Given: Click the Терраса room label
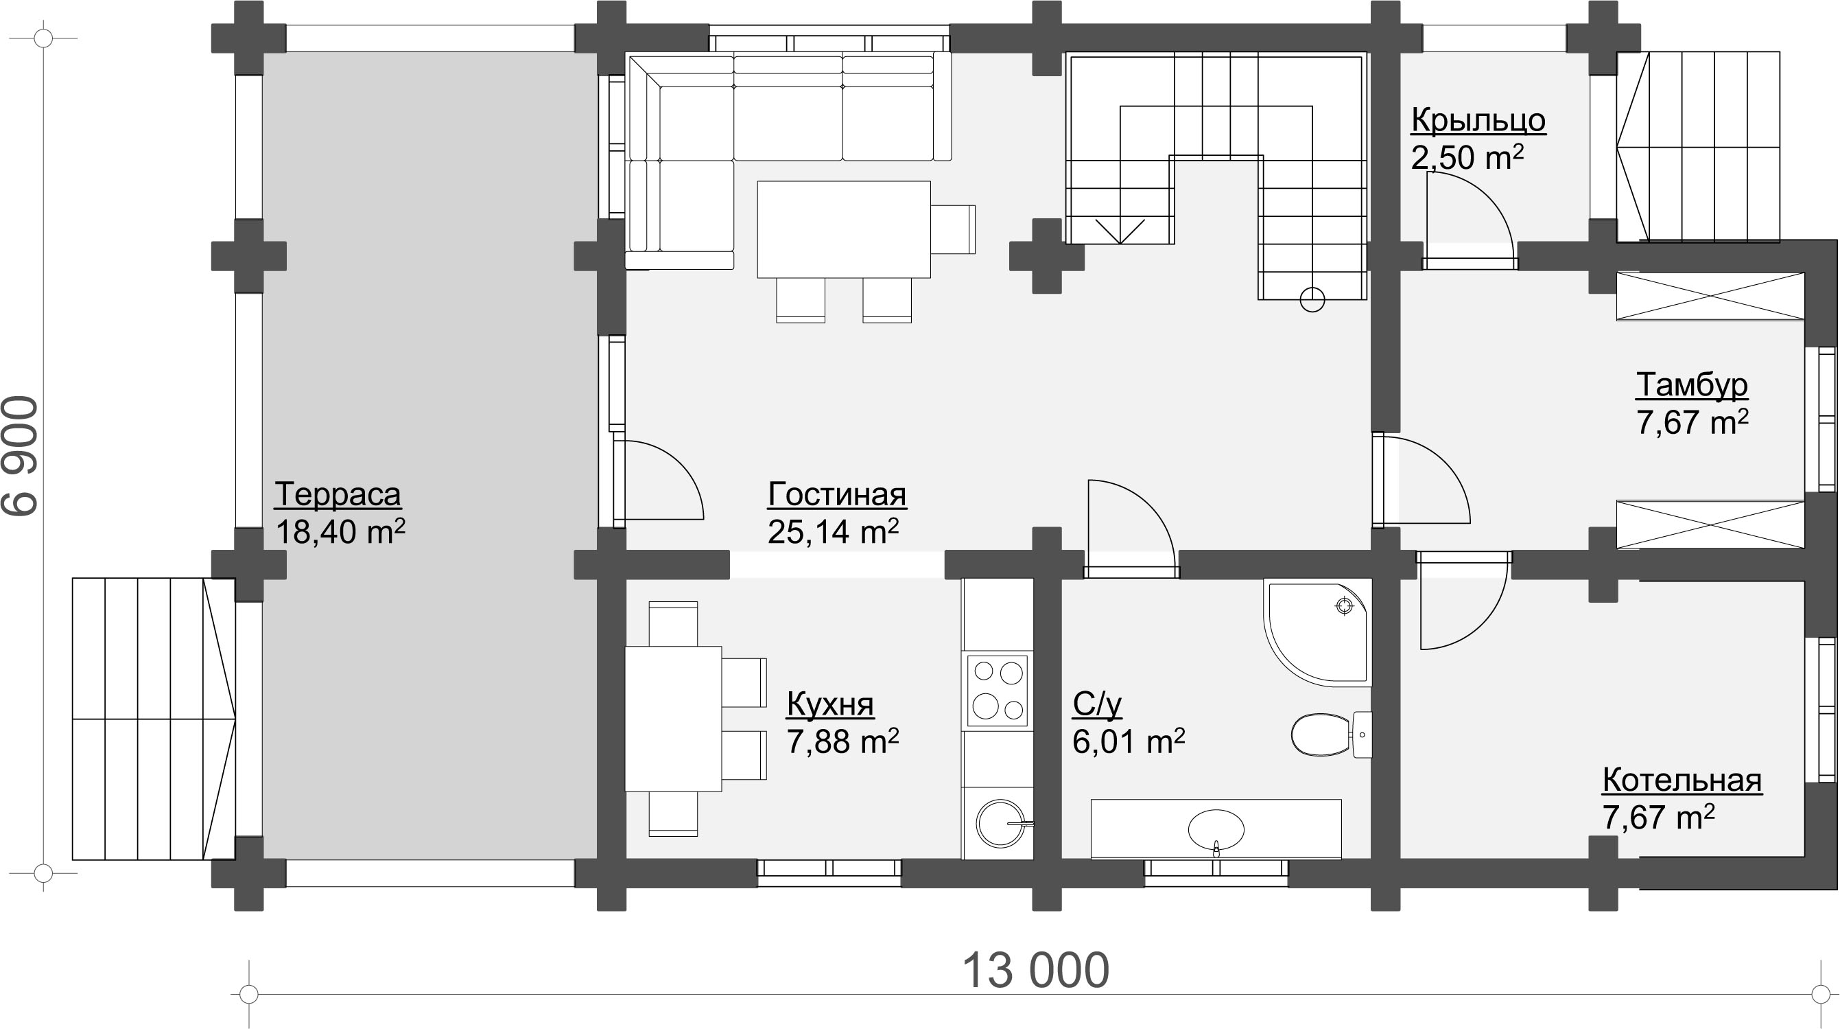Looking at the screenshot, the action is [337, 494].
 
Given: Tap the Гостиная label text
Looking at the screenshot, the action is [837, 494].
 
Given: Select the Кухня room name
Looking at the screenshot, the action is [830, 704].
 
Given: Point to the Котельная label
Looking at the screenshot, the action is [1682, 781].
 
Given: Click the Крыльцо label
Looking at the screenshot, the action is [1478, 120].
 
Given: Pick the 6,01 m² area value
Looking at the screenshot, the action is [1129, 742].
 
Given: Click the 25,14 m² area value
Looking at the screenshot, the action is [833, 531].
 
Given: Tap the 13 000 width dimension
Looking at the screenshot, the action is [1036, 971].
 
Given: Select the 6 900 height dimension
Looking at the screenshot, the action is [20, 455].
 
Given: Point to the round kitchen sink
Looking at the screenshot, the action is [1001, 823].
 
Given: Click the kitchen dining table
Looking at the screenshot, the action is [673, 719].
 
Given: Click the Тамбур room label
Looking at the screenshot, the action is [1691, 385].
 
